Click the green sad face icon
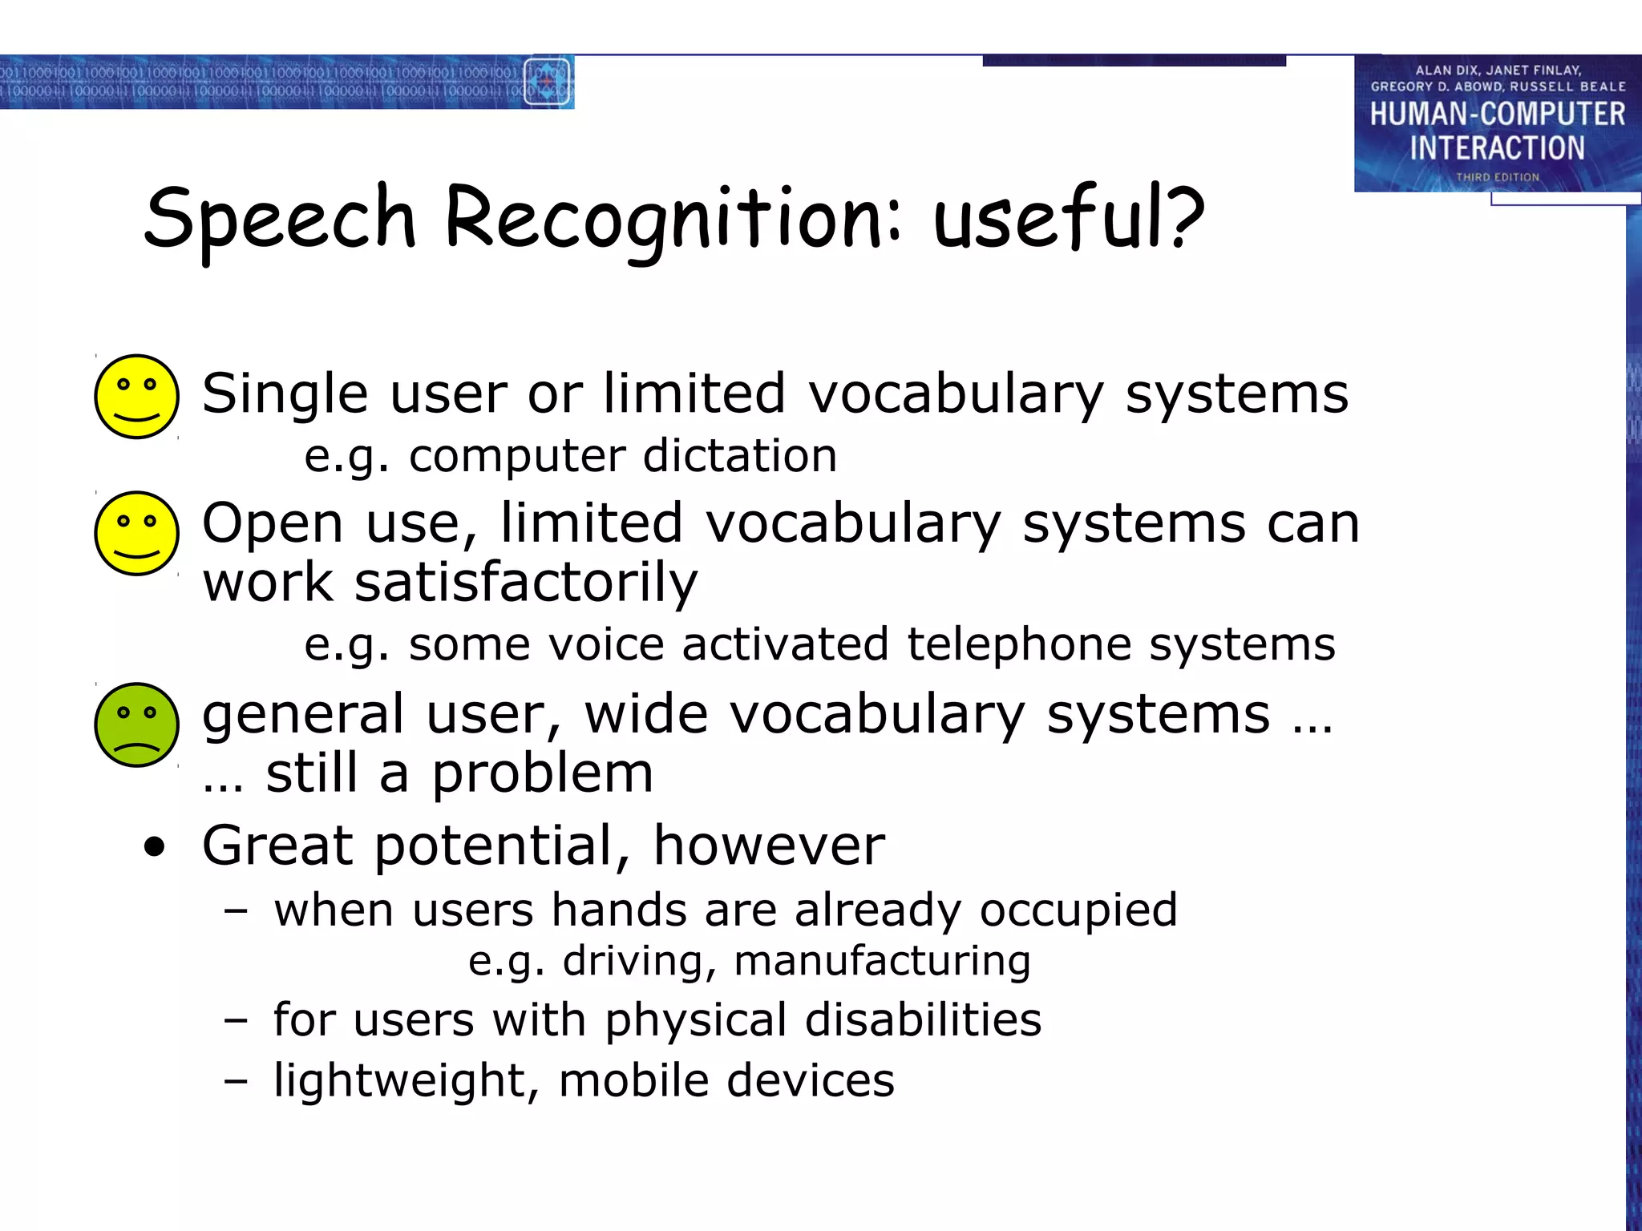click(x=136, y=724)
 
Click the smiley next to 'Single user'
click(x=136, y=396)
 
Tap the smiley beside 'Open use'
click(x=136, y=533)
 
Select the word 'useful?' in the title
click(x=1068, y=216)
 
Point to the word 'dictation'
click(x=739, y=455)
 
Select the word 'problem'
click(x=542, y=774)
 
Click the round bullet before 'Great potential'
click(x=154, y=846)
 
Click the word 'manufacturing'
click(x=882, y=960)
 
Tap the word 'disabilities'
click(x=922, y=1019)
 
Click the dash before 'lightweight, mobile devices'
click(x=235, y=1081)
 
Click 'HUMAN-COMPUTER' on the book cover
click(x=1496, y=114)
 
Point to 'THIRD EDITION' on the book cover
click(x=1497, y=177)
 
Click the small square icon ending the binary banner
click(x=548, y=82)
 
